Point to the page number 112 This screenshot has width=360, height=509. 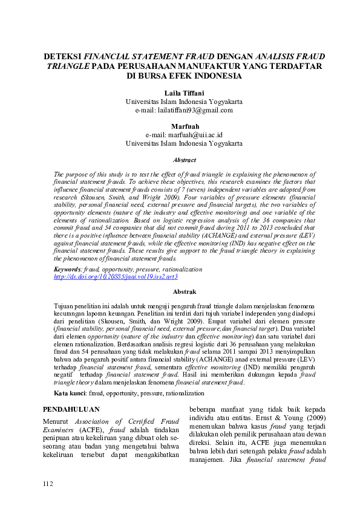pos(48,484)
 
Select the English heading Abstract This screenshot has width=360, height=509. pos(185,160)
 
